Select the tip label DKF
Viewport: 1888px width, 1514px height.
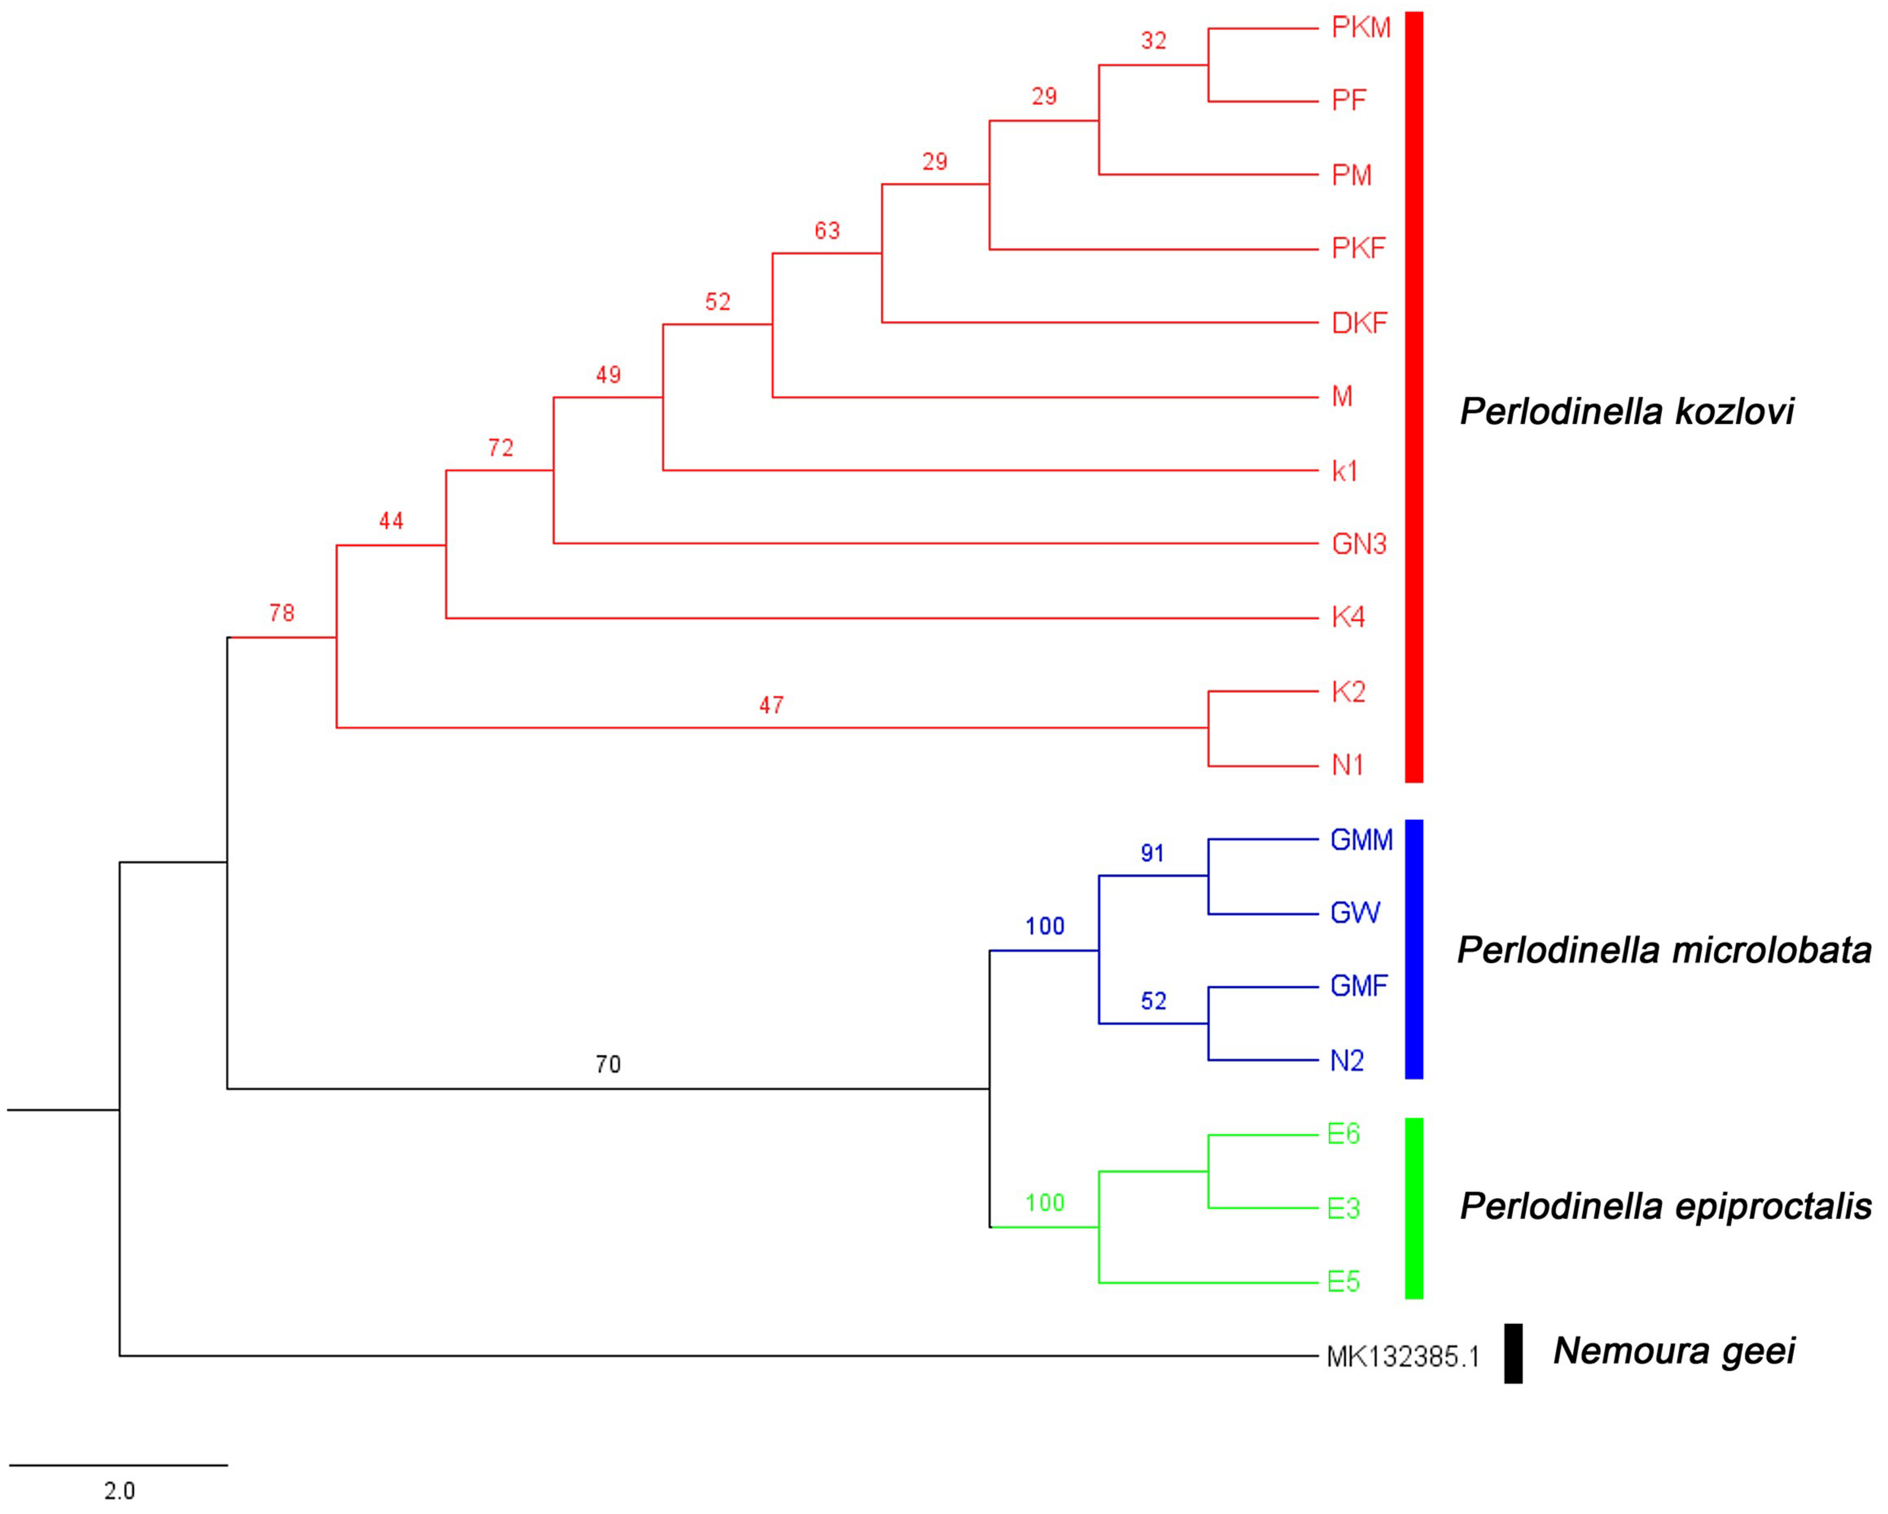1359,323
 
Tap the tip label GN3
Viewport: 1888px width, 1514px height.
1359,544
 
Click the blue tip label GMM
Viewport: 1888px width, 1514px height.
1361,840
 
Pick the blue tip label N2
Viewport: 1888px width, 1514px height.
1347,1060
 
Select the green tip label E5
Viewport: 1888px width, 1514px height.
1343,1282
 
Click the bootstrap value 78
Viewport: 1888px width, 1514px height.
281,613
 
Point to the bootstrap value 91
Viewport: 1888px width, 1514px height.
1152,853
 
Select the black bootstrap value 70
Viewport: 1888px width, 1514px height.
608,1064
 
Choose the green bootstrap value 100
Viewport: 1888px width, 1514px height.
1045,1202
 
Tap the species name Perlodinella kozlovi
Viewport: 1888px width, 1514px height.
1626,411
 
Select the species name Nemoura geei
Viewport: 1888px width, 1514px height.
1673,1350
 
